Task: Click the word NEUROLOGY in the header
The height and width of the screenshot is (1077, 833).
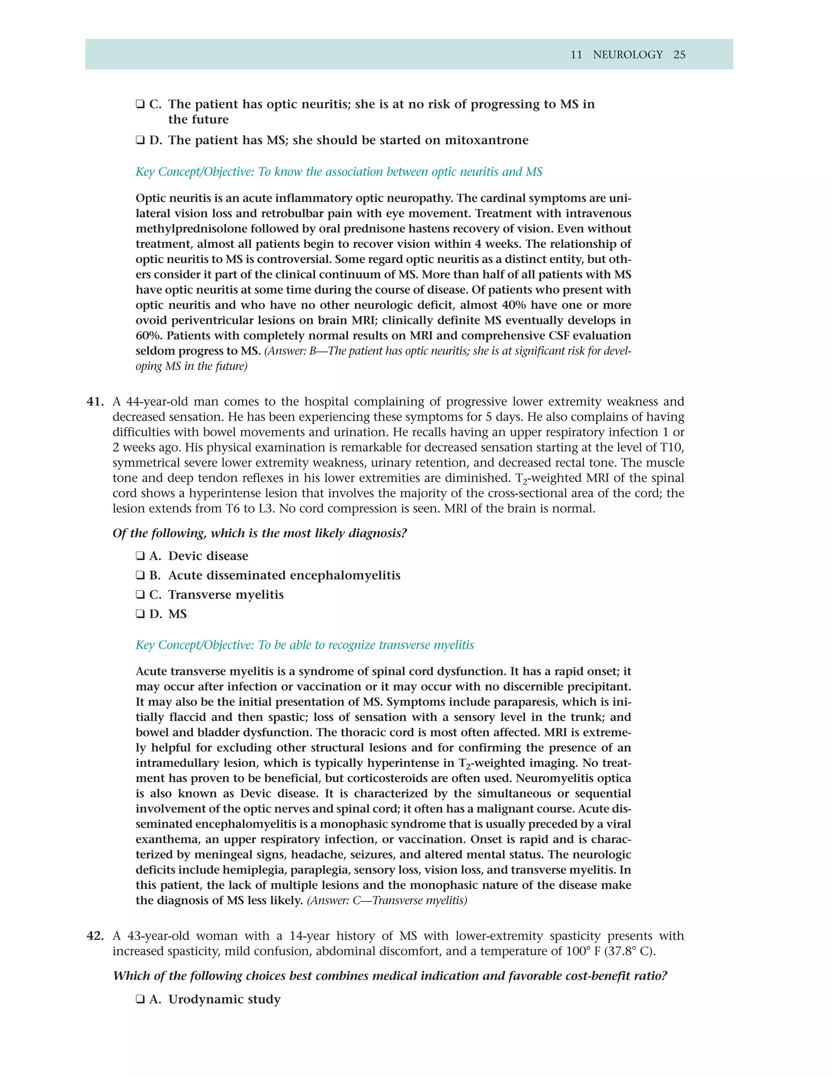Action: [x=628, y=55]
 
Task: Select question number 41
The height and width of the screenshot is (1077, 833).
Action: [x=95, y=402]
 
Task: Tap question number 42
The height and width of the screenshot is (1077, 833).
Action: [x=95, y=936]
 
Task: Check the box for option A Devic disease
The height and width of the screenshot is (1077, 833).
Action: [x=140, y=556]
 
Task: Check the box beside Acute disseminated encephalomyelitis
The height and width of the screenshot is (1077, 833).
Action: [x=140, y=575]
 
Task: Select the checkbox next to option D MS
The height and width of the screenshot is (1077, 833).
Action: [x=140, y=614]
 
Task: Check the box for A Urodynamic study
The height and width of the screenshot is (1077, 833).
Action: [x=140, y=1000]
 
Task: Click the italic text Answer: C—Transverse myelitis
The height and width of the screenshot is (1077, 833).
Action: [x=387, y=901]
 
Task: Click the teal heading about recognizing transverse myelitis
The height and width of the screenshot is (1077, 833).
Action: [x=305, y=645]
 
